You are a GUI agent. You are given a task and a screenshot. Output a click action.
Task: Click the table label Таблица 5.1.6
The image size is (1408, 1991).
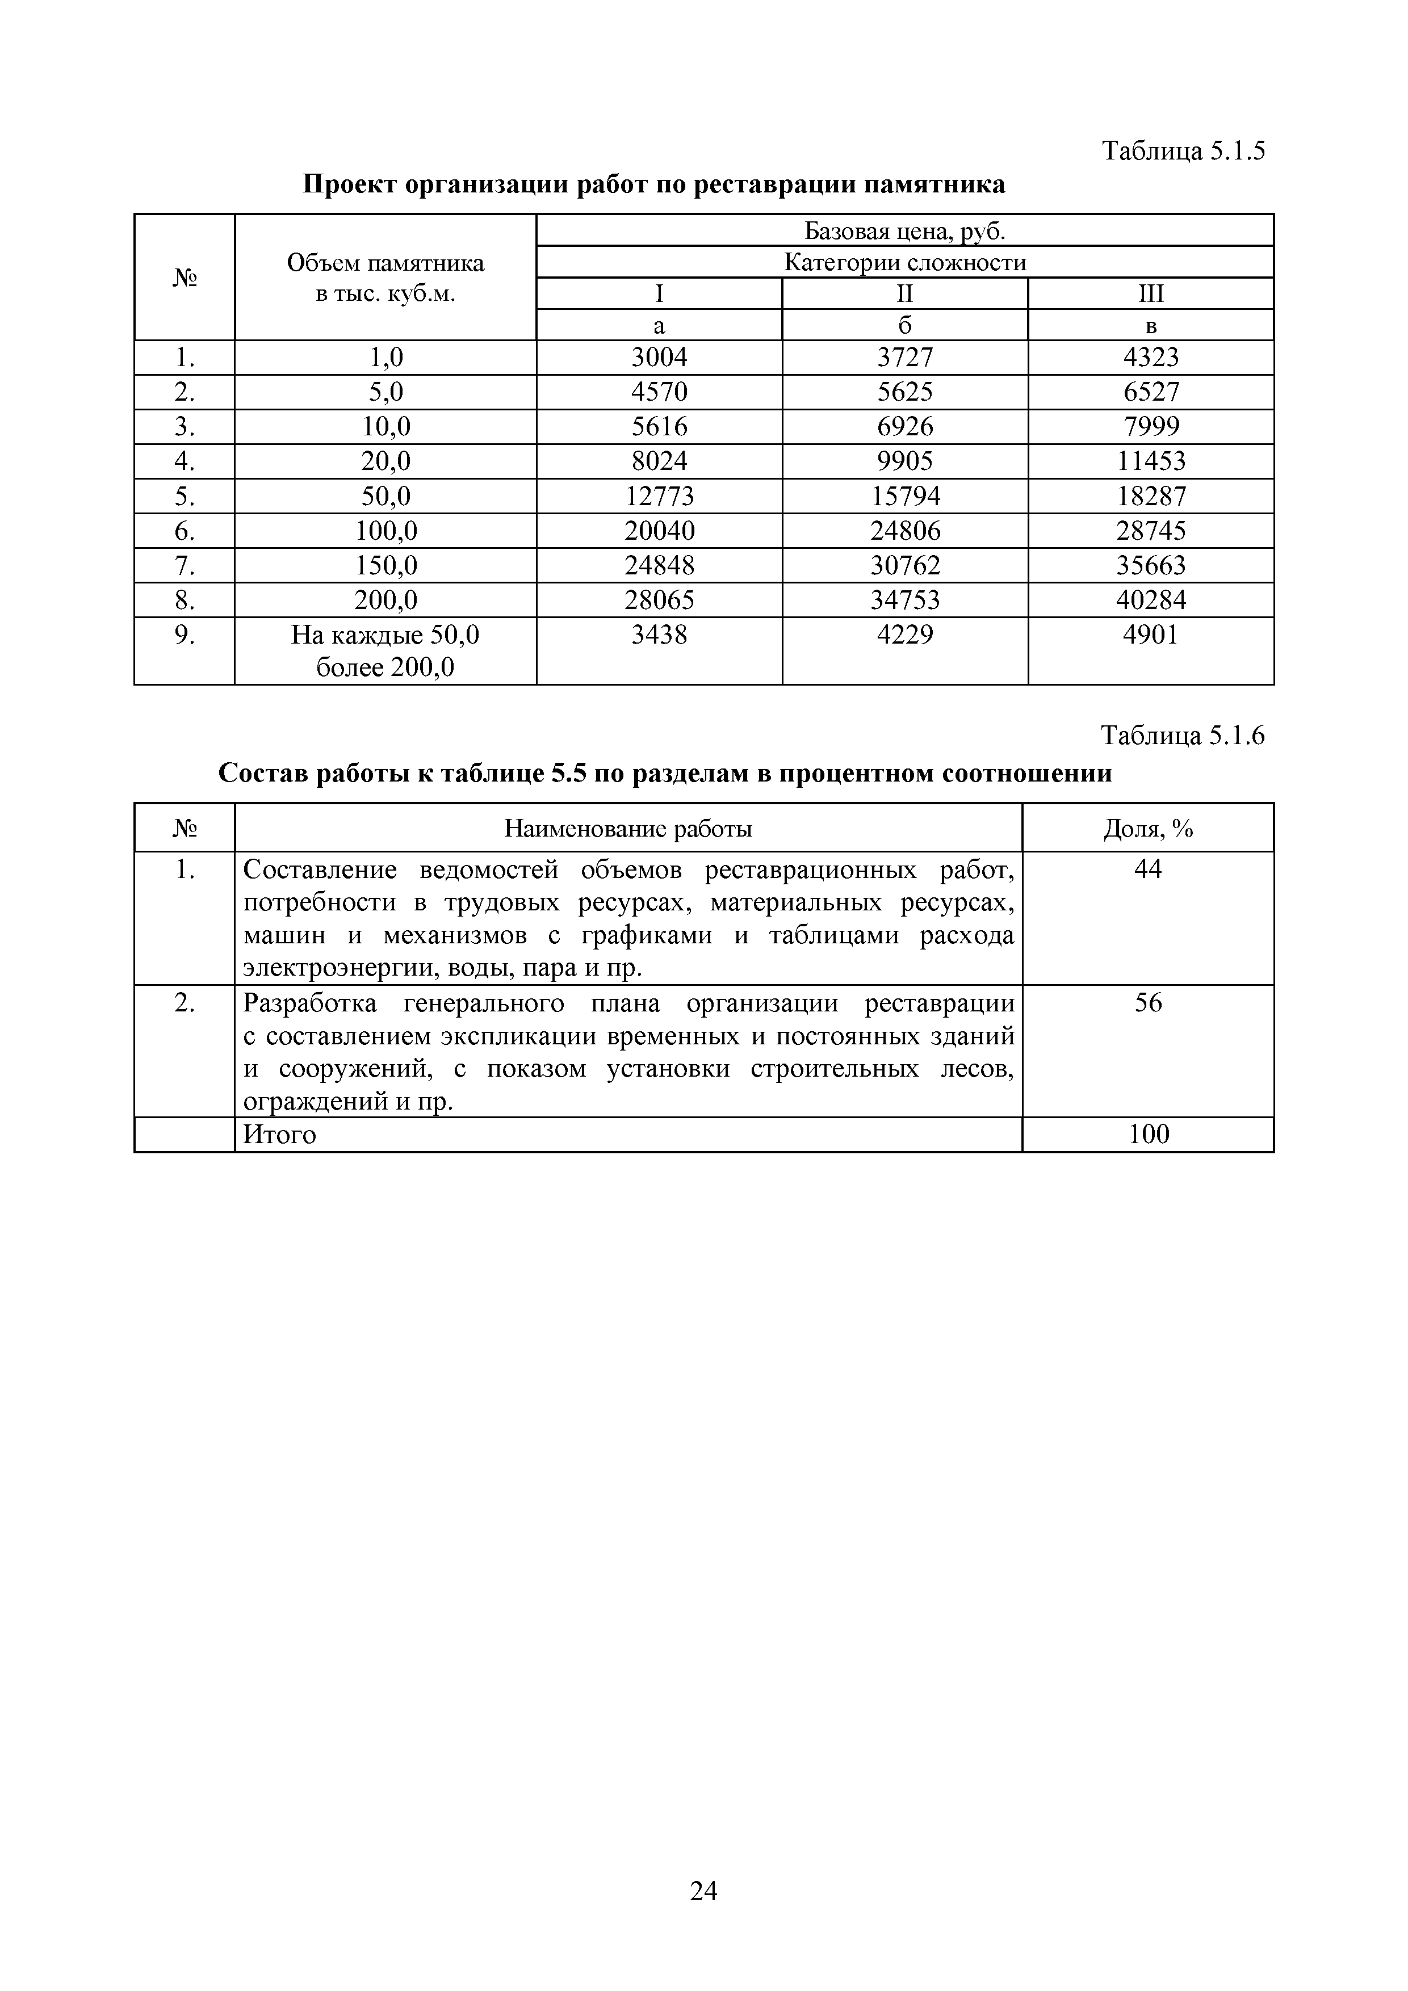pyautogui.click(x=1183, y=736)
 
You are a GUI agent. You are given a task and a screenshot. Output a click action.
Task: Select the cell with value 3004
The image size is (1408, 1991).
pyautogui.click(x=659, y=357)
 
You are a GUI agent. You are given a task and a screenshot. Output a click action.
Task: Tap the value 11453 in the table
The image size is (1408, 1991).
pyautogui.click(x=1150, y=461)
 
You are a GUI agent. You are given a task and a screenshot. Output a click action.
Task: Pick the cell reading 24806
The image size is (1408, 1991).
pyautogui.click(x=905, y=531)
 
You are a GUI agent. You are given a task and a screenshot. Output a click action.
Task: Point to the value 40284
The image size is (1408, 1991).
pyautogui.click(x=1150, y=600)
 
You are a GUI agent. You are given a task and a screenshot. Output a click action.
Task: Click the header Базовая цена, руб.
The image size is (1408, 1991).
pyautogui.click(x=905, y=230)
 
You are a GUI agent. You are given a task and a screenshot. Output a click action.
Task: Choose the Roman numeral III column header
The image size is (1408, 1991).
pyautogui.click(x=1150, y=294)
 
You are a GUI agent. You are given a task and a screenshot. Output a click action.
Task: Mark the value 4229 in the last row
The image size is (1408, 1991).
pyautogui.click(x=905, y=635)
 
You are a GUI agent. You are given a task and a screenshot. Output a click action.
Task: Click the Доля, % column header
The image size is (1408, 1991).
pyautogui.click(x=1148, y=829)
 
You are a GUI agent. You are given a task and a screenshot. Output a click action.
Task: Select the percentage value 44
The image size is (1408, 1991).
pyautogui.click(x=1148, y=869)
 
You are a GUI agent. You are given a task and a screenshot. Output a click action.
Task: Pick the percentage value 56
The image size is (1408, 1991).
pyautogui.click(x=1148, y=1003)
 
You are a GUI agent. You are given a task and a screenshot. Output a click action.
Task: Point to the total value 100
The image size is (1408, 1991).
pyautogui.click(x=1149, y=1134)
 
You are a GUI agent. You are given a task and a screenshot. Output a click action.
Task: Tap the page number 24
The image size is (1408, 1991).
pyautogui.click(x=703, y=1891)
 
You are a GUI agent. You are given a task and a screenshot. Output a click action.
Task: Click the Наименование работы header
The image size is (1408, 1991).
pyautogui.click(x=628, y=829)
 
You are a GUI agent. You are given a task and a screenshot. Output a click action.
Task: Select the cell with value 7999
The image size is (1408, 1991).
pyautogui.click(x=1150, y=427)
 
